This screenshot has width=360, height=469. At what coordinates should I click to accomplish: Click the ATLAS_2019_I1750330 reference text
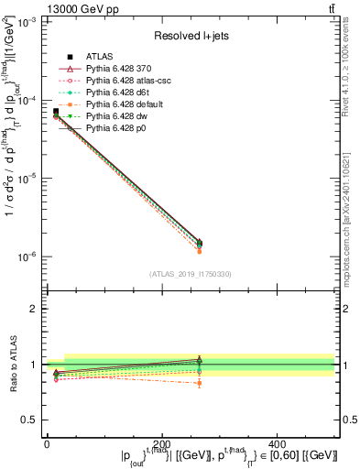[191, 274]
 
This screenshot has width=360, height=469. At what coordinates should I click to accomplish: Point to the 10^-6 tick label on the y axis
[28, 257]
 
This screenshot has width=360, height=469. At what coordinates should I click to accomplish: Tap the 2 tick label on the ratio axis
[35, 309]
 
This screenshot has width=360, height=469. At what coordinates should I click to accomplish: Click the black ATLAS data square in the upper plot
[55, 112]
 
